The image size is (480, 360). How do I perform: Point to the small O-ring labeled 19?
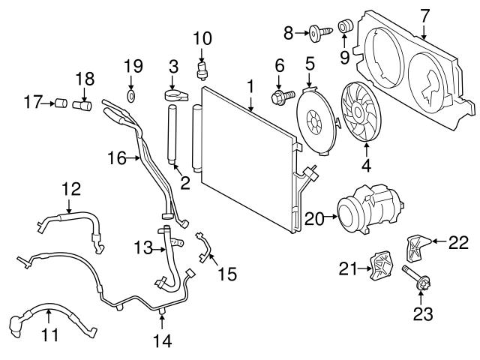pos(132,96)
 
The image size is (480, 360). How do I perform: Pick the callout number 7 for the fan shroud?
pos(424,13)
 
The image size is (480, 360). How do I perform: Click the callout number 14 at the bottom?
pos(162,341)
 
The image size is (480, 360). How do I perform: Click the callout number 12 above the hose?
pos(70,190)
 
